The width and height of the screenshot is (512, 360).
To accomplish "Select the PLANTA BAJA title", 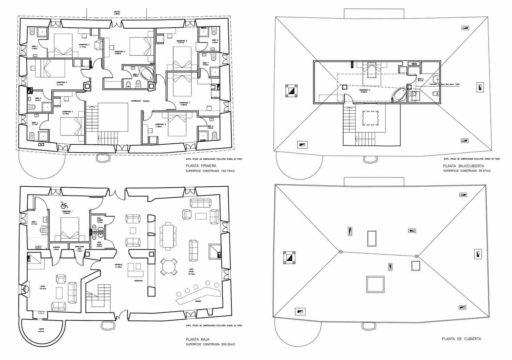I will point(198,340).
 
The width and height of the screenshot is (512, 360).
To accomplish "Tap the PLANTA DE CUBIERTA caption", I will point(461,339).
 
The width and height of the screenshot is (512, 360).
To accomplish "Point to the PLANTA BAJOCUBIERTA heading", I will point(463,166).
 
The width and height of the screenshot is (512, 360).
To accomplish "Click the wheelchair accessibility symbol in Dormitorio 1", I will point(64,205).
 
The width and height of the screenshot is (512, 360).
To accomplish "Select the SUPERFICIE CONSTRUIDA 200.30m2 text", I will point(210,344).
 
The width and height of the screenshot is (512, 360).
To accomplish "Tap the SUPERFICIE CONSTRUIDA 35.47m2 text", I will point(467,171).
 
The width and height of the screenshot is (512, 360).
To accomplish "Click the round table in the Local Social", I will point(169,267).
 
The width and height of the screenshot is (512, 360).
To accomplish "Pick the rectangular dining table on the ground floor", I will point(167,236).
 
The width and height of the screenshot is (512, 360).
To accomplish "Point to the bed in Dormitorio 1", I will point(71,230).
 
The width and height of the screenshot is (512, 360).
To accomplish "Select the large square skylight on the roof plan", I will point(375,284).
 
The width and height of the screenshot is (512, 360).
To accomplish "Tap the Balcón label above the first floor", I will point(117,13).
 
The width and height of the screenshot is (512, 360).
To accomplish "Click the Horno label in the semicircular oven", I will point(41,331).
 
